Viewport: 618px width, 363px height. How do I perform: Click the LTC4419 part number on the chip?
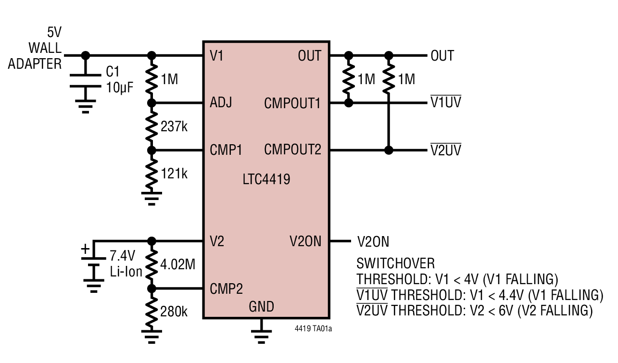point(266,180)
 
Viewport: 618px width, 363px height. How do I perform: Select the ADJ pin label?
point(221,103)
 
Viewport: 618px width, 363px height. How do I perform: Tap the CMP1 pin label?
point(226,150)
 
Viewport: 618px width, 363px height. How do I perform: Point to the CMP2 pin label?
point(226,288)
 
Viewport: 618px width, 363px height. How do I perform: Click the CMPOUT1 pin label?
point(292,103)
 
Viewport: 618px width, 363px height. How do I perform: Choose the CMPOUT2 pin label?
point(292,150)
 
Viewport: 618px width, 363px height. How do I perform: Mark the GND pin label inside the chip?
point(261,307)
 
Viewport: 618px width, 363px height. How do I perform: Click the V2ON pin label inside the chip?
point(305,241)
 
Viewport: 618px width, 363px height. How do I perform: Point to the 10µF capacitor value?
point(119,88)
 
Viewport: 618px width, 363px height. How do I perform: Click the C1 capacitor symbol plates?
point(86,81)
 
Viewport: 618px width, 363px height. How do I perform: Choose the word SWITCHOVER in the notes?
point(395,263)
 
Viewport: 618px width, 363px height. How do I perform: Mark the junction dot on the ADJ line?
point(152,103)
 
